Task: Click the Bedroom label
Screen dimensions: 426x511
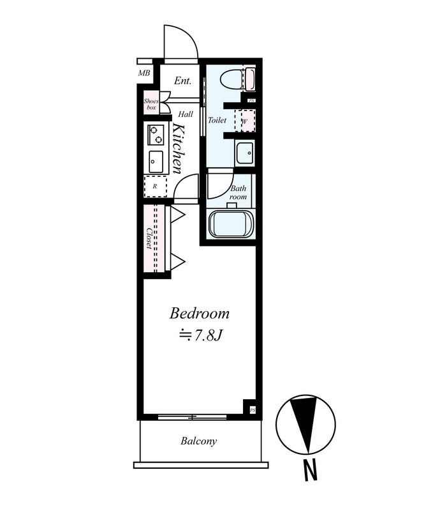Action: click(x=199, y=314)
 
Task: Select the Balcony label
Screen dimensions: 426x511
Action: click(x=198, y=441)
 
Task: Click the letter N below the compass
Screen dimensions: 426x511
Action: click(x=311, y=469)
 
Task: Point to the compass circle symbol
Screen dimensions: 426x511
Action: click(x=306, y=425)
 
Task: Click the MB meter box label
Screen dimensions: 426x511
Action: click(x=144, y=73)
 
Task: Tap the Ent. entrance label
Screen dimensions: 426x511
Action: click(x=182, y=80)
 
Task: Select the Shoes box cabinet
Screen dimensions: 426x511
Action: click(x=151, y=104)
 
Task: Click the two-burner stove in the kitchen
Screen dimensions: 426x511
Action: click(x=156, y=135)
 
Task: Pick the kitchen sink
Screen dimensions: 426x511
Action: click(x=156, y=162)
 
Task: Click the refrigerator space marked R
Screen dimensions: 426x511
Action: click(x=155, y=187)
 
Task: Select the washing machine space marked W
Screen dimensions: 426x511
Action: click(x=245, y=121)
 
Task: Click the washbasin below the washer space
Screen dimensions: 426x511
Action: click(x=245, y=153)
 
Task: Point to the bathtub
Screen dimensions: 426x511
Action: click(x=231, y=224)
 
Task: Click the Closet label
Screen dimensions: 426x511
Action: click(x=149, y=238)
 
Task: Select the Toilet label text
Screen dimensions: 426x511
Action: click(x=217, y=120)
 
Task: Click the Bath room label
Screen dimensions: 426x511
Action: click(x=239, y=193)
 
